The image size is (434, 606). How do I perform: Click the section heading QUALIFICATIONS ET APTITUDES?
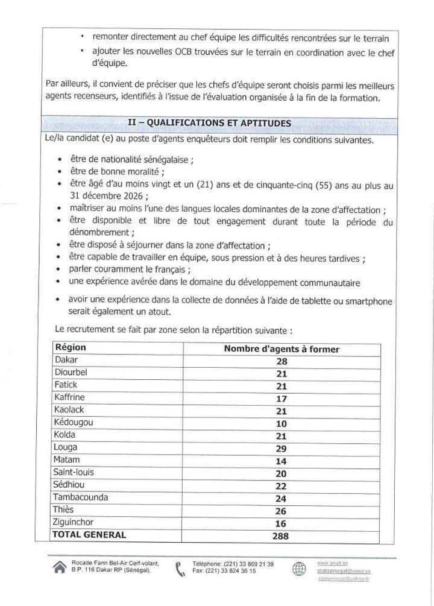point(210,123)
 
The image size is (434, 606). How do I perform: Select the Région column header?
point(71,348)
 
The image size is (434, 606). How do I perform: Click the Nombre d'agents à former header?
point(281,349)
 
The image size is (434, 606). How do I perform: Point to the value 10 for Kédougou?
point(281,424)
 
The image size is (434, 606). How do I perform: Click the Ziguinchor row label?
point(77,523)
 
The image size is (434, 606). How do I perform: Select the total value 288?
point(280,535)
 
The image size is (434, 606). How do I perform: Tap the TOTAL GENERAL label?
point(90,535)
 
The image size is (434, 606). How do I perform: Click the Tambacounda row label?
point(81,497)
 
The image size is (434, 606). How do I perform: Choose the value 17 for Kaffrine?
point(281,399)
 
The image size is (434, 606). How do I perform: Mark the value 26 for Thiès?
point(281,511)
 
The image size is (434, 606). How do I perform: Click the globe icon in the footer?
point(300,569)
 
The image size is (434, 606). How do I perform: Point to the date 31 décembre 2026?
point(105,197)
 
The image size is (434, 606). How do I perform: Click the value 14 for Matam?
point(281,461)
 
